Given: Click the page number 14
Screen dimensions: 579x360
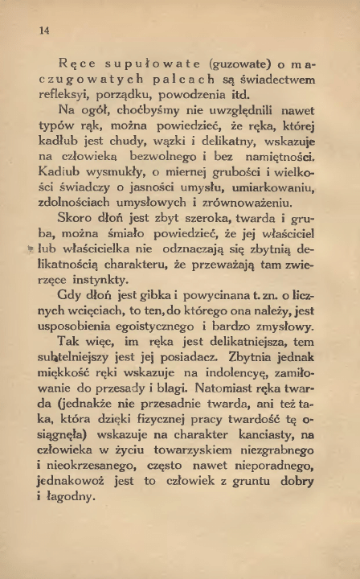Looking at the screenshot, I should click(x=44, y=30).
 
